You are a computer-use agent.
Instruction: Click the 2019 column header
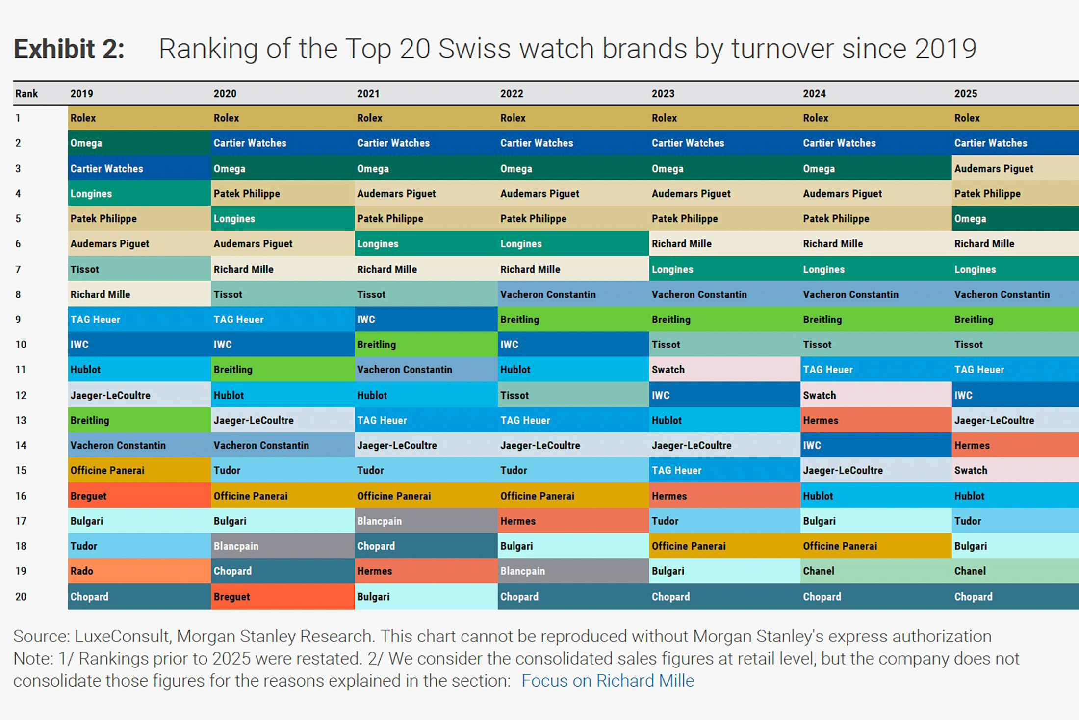click(81, 93)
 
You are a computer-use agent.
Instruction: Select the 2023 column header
click(663, 93)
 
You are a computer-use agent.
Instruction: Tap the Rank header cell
click(26, 93)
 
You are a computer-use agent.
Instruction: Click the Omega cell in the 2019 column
click(86, 143)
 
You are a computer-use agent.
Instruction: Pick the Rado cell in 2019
click(81, 571)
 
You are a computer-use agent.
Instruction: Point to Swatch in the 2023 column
click(668, 370)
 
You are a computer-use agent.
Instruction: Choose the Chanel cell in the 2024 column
click(818, 571)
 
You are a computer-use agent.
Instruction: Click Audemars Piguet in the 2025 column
click(994, 168)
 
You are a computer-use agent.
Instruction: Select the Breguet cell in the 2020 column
click(231, 596)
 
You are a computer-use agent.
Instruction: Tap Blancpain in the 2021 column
click(379, 521)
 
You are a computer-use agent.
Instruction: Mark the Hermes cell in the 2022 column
click(518, 521)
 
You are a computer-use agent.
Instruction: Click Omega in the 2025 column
click(970, 218)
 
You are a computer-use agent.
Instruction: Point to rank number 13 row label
click(21, 420)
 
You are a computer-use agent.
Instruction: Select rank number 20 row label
click(21, 596)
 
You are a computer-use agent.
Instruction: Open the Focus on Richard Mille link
click(607, 681)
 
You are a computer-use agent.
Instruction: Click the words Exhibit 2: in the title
click(69, 49)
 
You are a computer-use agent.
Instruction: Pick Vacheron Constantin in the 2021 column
click(404, 370)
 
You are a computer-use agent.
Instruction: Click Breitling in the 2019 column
click(90, 420)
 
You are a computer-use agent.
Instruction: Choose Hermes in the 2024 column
click(820, 420)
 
